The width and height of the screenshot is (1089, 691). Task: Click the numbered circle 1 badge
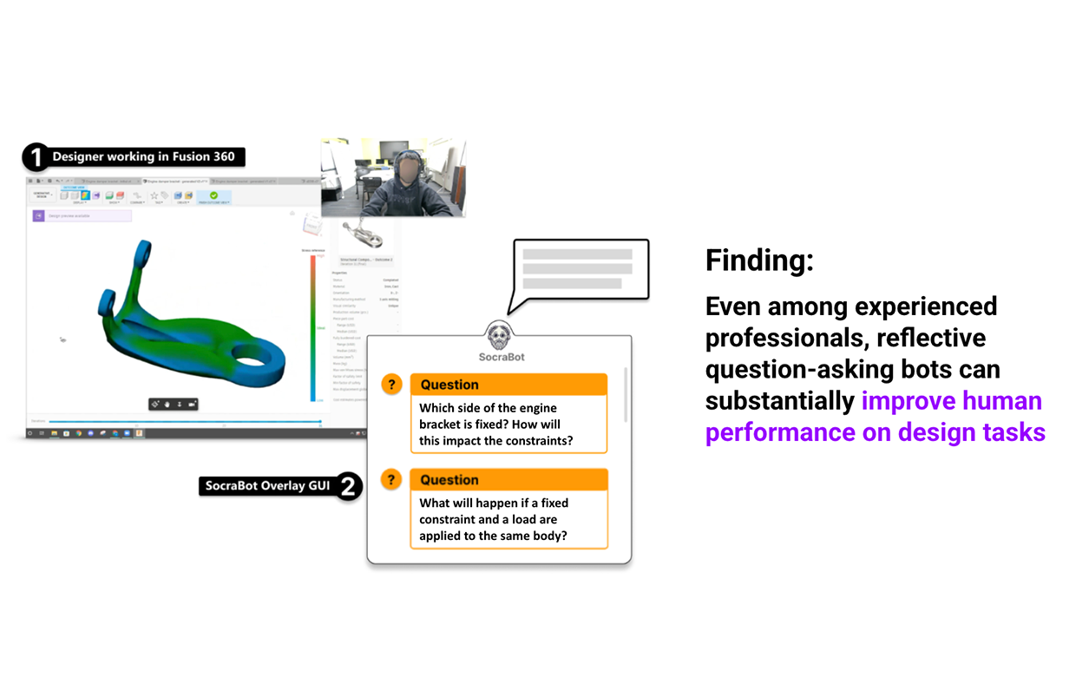[x=35, y=157]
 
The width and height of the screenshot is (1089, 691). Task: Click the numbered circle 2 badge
[x=348, y=486]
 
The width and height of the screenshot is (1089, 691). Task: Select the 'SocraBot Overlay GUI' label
[x=267, y=486]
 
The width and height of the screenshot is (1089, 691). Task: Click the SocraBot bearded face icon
[x=500, y=335]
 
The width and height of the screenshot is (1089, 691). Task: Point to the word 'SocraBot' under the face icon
[x=502, y=357]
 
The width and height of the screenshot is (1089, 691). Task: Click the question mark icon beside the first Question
[x=392, y=385]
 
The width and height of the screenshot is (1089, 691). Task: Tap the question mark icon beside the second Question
[x=392, y=480]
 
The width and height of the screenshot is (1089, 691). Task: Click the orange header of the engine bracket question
[x=508, y=385]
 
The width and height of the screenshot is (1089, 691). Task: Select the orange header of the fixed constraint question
[x=508, y=480]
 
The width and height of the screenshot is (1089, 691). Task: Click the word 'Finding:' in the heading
[x=759, y=260]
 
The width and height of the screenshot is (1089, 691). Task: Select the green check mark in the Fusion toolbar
[x=214, y=195]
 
